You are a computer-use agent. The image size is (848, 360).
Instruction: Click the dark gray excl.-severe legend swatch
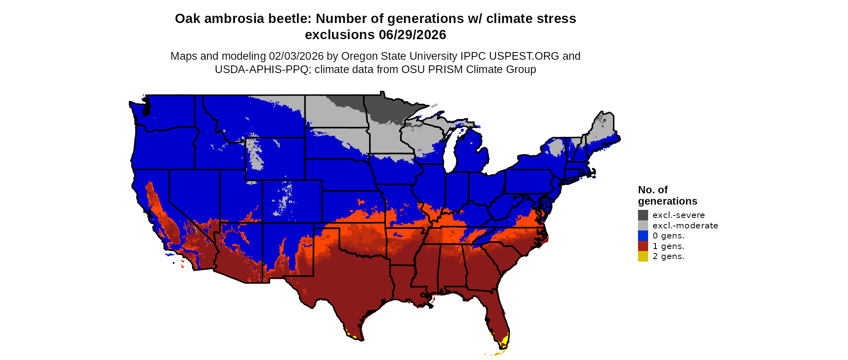coord(643,215)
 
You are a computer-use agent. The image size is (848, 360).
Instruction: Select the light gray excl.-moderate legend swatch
coord(643,226)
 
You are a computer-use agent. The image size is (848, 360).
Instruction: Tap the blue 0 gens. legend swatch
coord(643,236)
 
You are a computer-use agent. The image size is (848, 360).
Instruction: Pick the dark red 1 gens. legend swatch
coord(643,246)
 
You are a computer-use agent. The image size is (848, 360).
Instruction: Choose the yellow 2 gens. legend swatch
coord(643,256)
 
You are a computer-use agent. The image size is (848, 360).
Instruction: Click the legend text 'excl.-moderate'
coord(685,226)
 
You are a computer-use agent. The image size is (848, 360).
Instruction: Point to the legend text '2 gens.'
coord(668,256)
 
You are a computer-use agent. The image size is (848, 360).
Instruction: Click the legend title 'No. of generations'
coord(667,195)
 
